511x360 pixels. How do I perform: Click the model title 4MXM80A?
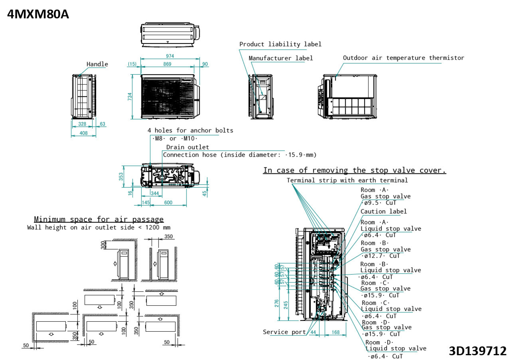tap(38, 14)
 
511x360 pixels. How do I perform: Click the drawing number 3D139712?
tap(477, 351)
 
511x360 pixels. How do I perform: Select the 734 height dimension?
tap(130, 97)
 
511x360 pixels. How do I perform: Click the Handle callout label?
tap(97, 64)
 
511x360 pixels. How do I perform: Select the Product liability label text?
tap(280, 44)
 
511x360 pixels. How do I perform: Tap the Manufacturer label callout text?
tap(281, 58)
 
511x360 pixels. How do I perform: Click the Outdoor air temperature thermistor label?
tap(403, 58)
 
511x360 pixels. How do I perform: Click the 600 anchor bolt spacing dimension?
tap(168, 203)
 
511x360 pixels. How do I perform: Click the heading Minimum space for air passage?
tap(99, 219)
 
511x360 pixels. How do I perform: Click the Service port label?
tap(284, 332)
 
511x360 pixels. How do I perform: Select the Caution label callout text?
tap(383, 211)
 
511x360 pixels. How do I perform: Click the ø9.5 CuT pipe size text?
tap(378, 203)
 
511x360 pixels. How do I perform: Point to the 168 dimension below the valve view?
tap(335, 332)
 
